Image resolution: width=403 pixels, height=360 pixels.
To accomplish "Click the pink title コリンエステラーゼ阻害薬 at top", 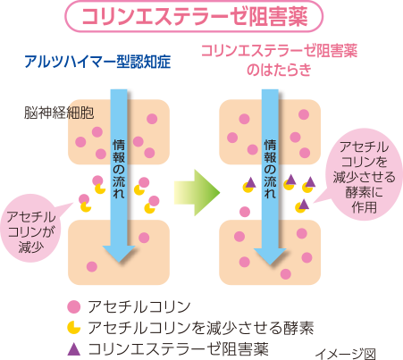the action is click(x=194, y=16).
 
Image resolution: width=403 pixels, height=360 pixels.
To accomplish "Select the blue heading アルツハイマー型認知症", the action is click(x=97, y=62).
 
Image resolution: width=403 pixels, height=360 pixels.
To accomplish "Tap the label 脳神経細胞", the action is click(x=59, y=113).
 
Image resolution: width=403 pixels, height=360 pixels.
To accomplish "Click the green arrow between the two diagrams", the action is click(x=197, y=192).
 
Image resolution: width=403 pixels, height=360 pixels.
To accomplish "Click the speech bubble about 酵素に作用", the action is click(x=364, y=176).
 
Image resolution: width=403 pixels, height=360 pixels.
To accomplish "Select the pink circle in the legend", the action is click(x=74, y=306).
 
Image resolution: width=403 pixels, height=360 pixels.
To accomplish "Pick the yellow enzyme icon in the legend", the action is click(x=74, y=327).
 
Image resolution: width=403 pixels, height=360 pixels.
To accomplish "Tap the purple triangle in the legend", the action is click(x=74, y=349).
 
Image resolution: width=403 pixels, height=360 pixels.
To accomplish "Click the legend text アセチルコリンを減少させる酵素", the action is click(x=201, y=328).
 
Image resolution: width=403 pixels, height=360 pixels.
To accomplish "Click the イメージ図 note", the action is click(x=345, y=354).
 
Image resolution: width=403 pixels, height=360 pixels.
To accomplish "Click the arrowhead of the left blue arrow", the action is click(x=119, y=254).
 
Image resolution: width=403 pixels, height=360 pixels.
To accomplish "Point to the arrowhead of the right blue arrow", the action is click(x=270, y=256).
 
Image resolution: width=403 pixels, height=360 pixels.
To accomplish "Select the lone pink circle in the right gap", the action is click(x=245, y=212).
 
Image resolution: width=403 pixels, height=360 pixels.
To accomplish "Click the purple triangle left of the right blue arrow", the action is click(x=250, y=182).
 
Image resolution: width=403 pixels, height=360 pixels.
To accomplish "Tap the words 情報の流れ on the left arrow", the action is click(x=119, y=169).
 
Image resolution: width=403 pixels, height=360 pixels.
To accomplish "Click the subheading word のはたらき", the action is click(x=279, y=71).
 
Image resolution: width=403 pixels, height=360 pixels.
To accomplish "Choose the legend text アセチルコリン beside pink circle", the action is click(x=139, y=306).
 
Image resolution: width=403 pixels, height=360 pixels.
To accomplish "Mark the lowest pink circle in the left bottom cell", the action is click(x=92, y=266).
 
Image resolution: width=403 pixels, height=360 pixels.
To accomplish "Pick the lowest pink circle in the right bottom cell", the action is click(x=286, y=274).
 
